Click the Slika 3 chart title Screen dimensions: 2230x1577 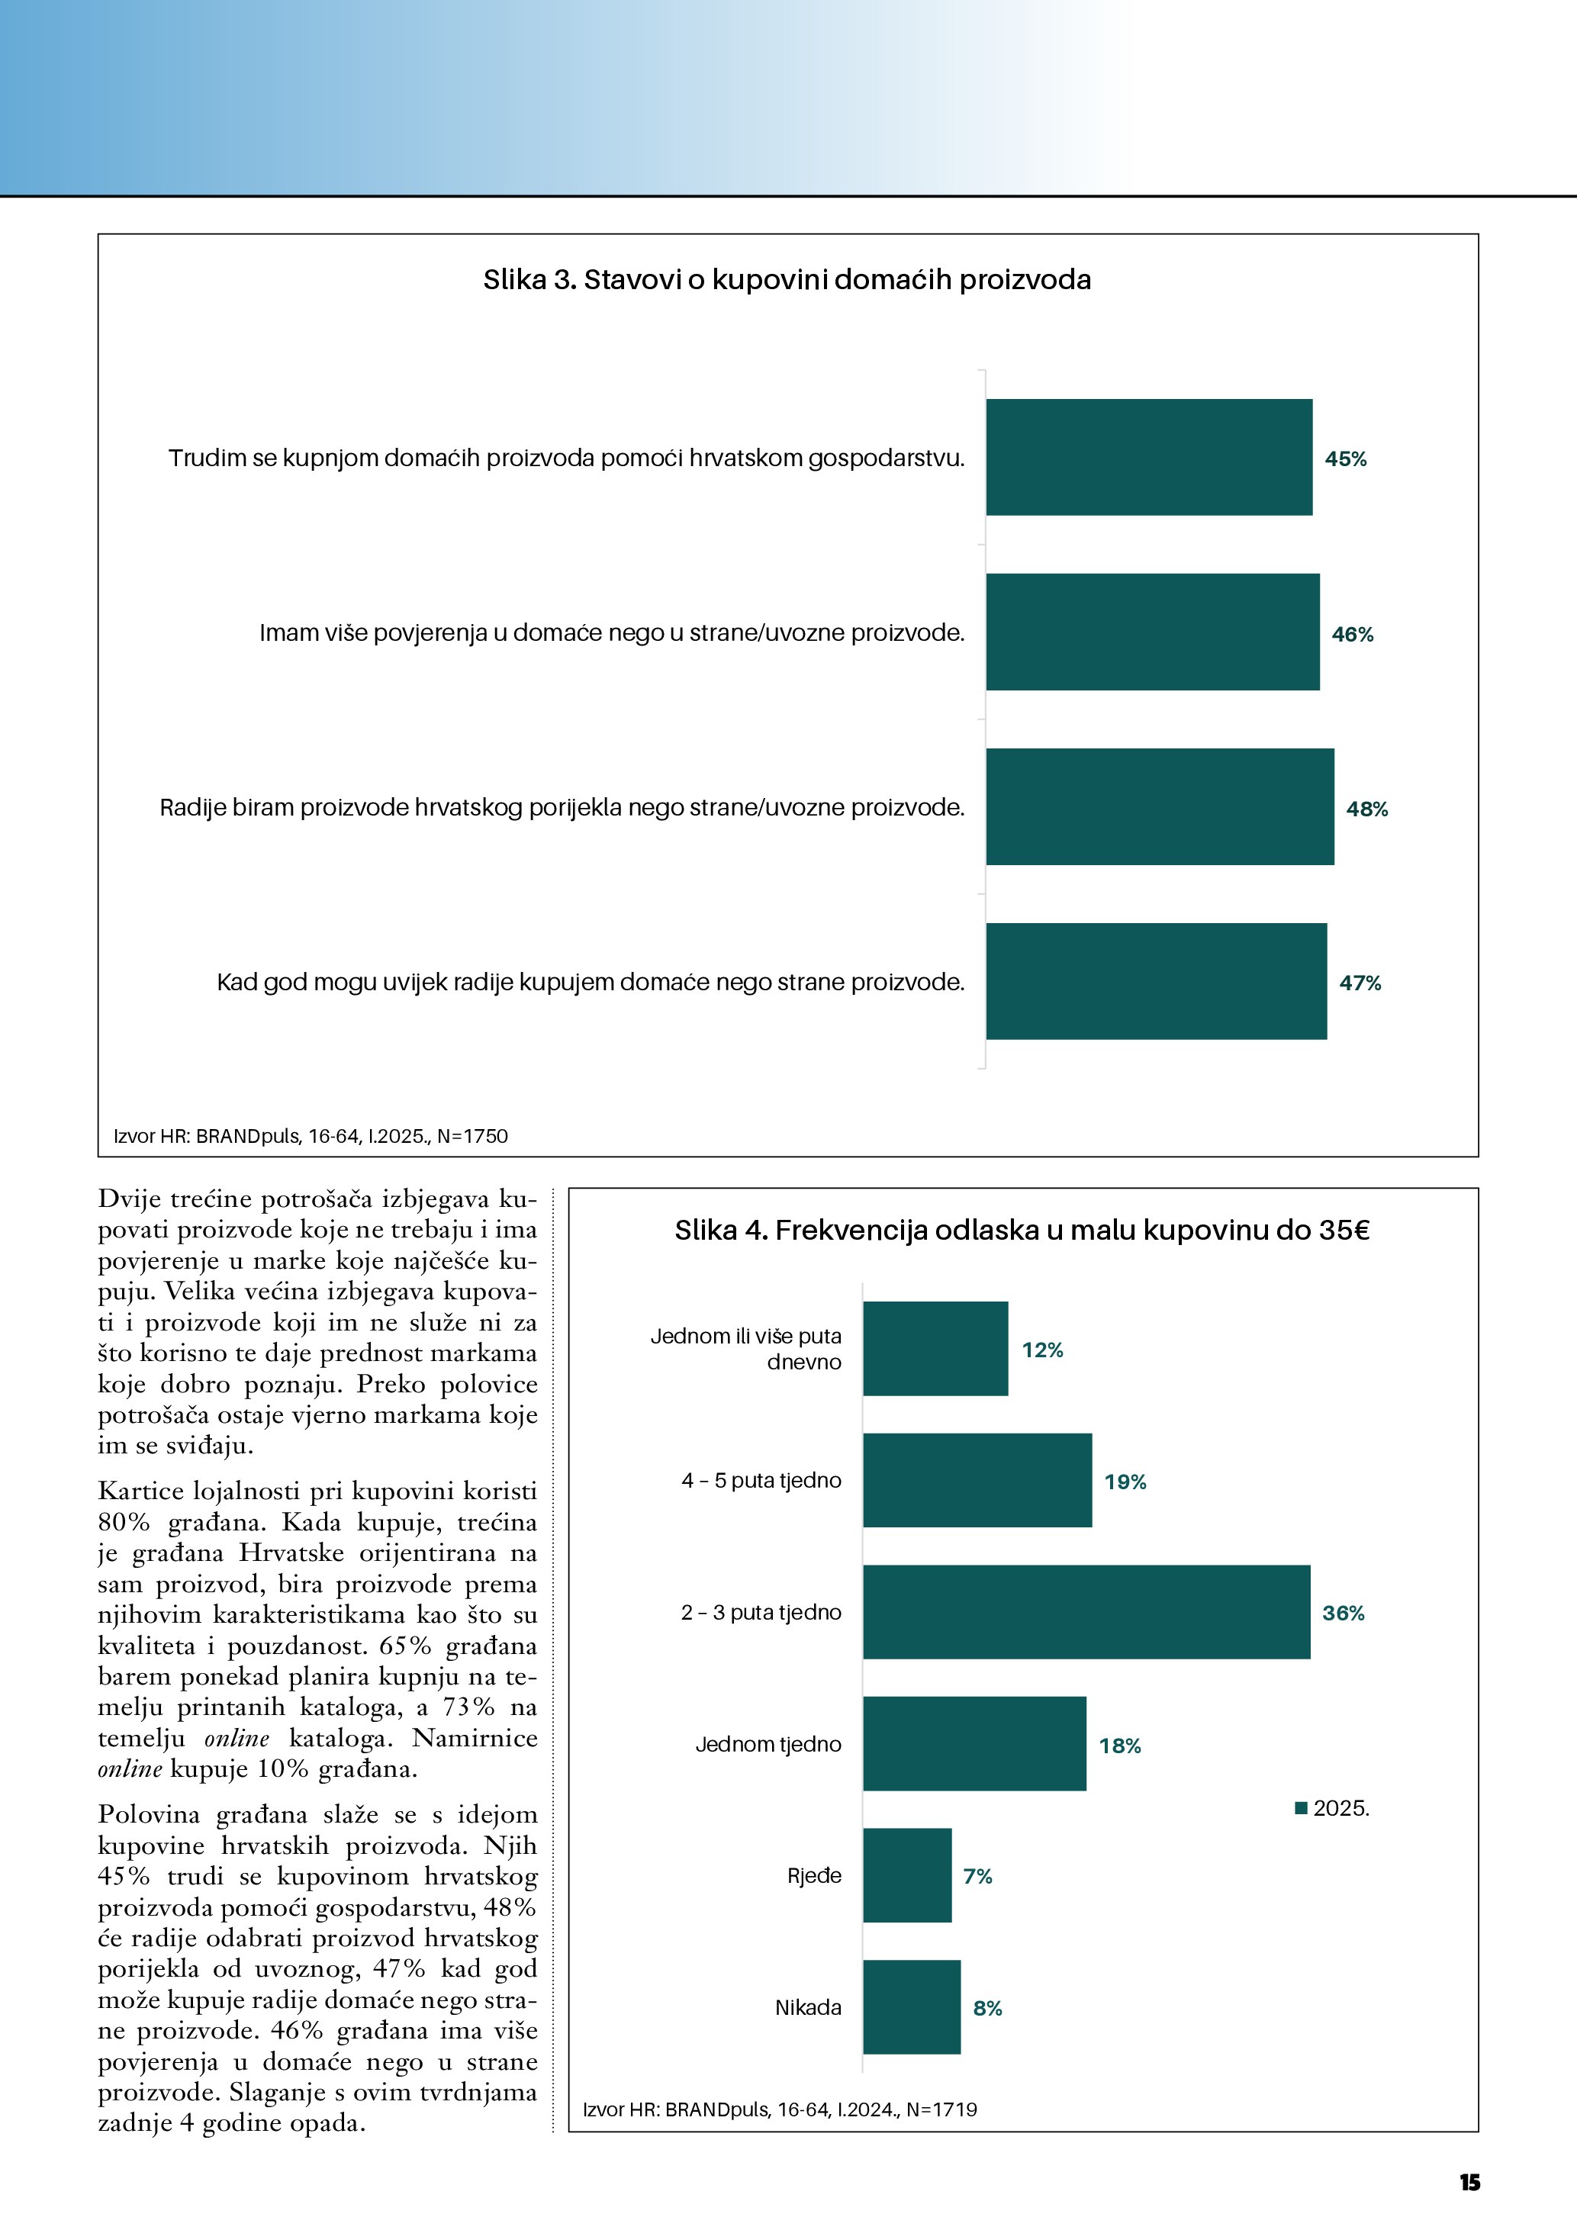[x=787, y=280]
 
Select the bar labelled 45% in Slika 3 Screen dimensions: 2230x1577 [x=1149, y=458]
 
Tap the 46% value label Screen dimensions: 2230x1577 [x=1352, y=634]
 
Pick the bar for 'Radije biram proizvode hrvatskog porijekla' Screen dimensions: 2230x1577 [x=1160, y=806]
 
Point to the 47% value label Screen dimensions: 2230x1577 [x=1360, y=983]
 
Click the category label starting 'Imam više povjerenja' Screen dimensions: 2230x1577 [x=612, y=633]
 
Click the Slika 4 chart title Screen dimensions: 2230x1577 [x=1022, y=1231]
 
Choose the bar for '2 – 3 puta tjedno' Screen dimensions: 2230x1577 [x=1086, y=1612]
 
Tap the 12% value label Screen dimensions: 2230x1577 [x=1042, y=1350]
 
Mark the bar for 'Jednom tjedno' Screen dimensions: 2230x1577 [x=974, y=1744]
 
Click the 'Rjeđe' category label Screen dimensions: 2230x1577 [x=814, y=1875]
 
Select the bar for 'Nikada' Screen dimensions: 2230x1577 [x=911, y=2007]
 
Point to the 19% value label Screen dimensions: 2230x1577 [x=1125, y=1482]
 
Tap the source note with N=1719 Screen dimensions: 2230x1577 [x=780, y=2109]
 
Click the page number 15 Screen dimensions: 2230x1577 [x=1469, y=2183]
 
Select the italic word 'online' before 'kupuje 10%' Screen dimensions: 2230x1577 [x=130, y=1768]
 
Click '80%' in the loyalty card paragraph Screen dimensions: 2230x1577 [x=124, y=1522]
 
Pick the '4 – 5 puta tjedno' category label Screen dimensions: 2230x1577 [x=761, y=1481]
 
